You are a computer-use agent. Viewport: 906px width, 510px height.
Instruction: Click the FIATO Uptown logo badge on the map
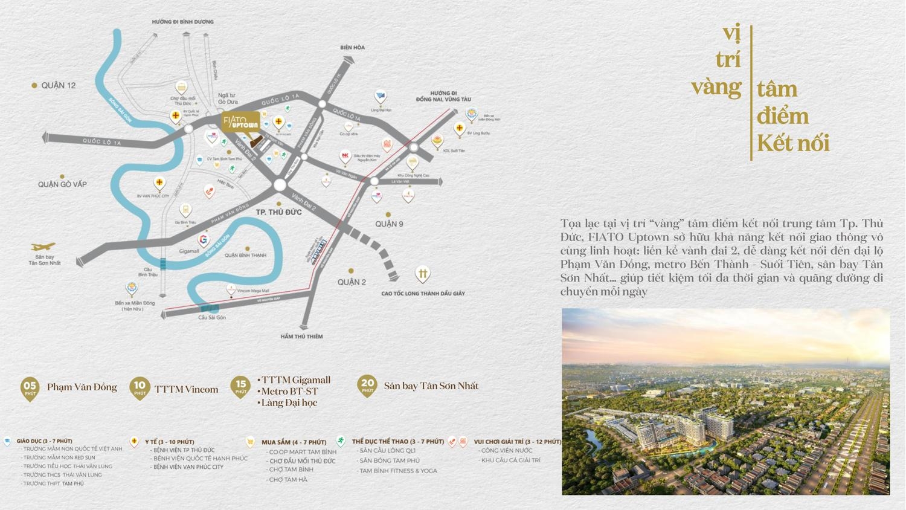[x=241, y=121]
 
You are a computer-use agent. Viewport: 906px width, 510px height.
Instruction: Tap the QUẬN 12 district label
[x=58, y=85]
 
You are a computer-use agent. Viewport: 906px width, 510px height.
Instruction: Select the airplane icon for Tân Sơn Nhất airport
[x=43, y=247]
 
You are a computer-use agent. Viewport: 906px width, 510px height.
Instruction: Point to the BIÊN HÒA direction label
[x=352, y=47]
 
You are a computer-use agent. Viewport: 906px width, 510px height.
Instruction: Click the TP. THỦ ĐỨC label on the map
[x=278, y=212]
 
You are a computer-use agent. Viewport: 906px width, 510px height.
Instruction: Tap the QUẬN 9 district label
[x=389, y=224]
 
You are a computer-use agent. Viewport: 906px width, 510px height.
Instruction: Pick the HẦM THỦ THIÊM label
[x=301, y=337]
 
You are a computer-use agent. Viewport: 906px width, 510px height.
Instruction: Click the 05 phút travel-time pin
[x=30, y=388]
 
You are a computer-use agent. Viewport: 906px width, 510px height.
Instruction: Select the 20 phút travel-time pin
[x=367, y=386]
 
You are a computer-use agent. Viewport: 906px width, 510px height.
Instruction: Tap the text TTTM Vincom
[x=186, y=389]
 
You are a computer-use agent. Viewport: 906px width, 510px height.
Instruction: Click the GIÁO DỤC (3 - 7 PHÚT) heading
[x=44, y=441]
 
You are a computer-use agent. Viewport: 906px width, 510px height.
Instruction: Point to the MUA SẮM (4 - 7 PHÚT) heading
[x=294, y=442]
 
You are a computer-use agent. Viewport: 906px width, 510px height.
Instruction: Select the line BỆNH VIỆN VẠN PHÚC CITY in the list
[x=188, y=467]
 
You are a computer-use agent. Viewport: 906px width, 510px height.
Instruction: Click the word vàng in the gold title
[x=716, y=86]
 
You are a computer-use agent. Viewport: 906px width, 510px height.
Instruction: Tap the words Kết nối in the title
[x=793, y=143]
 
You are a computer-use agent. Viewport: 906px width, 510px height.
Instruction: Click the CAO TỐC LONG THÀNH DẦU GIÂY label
[x=423, y=294]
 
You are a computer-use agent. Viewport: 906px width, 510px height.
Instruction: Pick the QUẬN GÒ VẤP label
[x=62, y=184]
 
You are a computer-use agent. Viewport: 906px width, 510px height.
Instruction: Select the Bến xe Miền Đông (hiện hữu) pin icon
[x=131, y=288]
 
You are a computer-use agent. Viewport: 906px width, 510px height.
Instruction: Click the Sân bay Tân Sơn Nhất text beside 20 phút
[x=431, y=386]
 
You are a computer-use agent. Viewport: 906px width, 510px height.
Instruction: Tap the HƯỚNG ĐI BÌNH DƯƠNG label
[x=182, y=22]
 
